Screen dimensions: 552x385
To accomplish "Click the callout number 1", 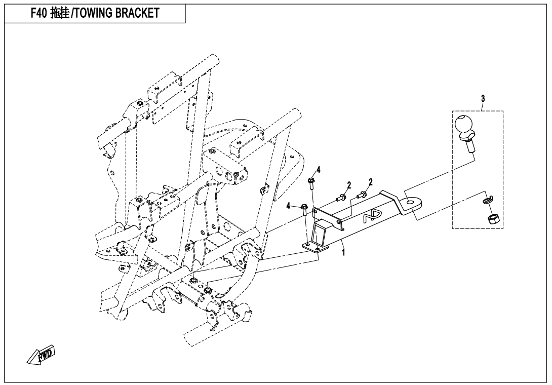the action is tap(343, 252).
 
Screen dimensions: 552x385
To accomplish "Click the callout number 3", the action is tap(483, 99).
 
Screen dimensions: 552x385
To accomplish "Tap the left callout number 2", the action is tap(349, 185).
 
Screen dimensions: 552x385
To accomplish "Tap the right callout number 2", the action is tap(370, 182).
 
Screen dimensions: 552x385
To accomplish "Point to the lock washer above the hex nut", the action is tap(486, 201).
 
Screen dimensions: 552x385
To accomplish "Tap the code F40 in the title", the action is tap(38, 13).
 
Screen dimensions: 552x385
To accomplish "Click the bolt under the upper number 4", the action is tap(311, 183).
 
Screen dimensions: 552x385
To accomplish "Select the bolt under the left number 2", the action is tap(340, 198).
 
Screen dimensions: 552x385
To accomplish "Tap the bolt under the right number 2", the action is tap(362, 194).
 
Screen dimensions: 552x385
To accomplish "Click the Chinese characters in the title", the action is tap(59, 13).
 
